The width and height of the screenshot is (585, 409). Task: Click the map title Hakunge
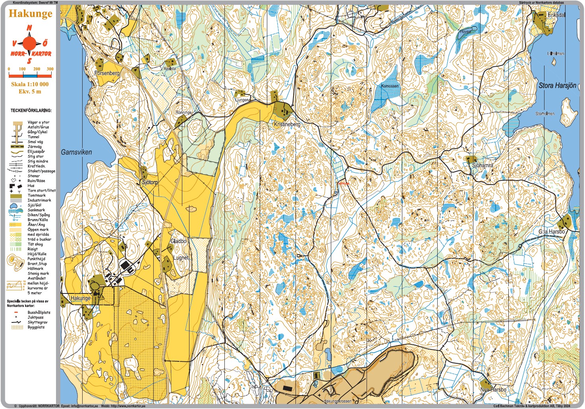coord(30,14)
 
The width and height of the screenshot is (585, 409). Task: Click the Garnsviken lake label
coord(76,152)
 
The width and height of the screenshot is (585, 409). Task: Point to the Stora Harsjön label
coord(557,85)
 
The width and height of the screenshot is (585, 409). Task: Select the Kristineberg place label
coord(287,124)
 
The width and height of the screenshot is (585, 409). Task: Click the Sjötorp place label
coord(150,182)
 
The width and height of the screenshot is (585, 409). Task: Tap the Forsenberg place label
coord(107,73)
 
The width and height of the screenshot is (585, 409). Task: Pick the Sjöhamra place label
coord(483,165)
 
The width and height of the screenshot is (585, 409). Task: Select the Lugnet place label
coord(181,258)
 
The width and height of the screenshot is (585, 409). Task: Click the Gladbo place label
coord(178,241)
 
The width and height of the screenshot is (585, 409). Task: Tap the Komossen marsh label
coord(390,86)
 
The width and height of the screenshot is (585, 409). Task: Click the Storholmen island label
coord(544,114)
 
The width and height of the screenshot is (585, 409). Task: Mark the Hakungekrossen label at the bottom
coord(337,401)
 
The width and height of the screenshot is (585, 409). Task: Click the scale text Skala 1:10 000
coord(30,84)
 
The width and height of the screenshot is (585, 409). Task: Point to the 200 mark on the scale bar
coord(37,69)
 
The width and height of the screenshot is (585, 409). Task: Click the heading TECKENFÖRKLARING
coord(31,111)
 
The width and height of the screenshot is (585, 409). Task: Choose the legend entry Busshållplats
coord(39,313)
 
